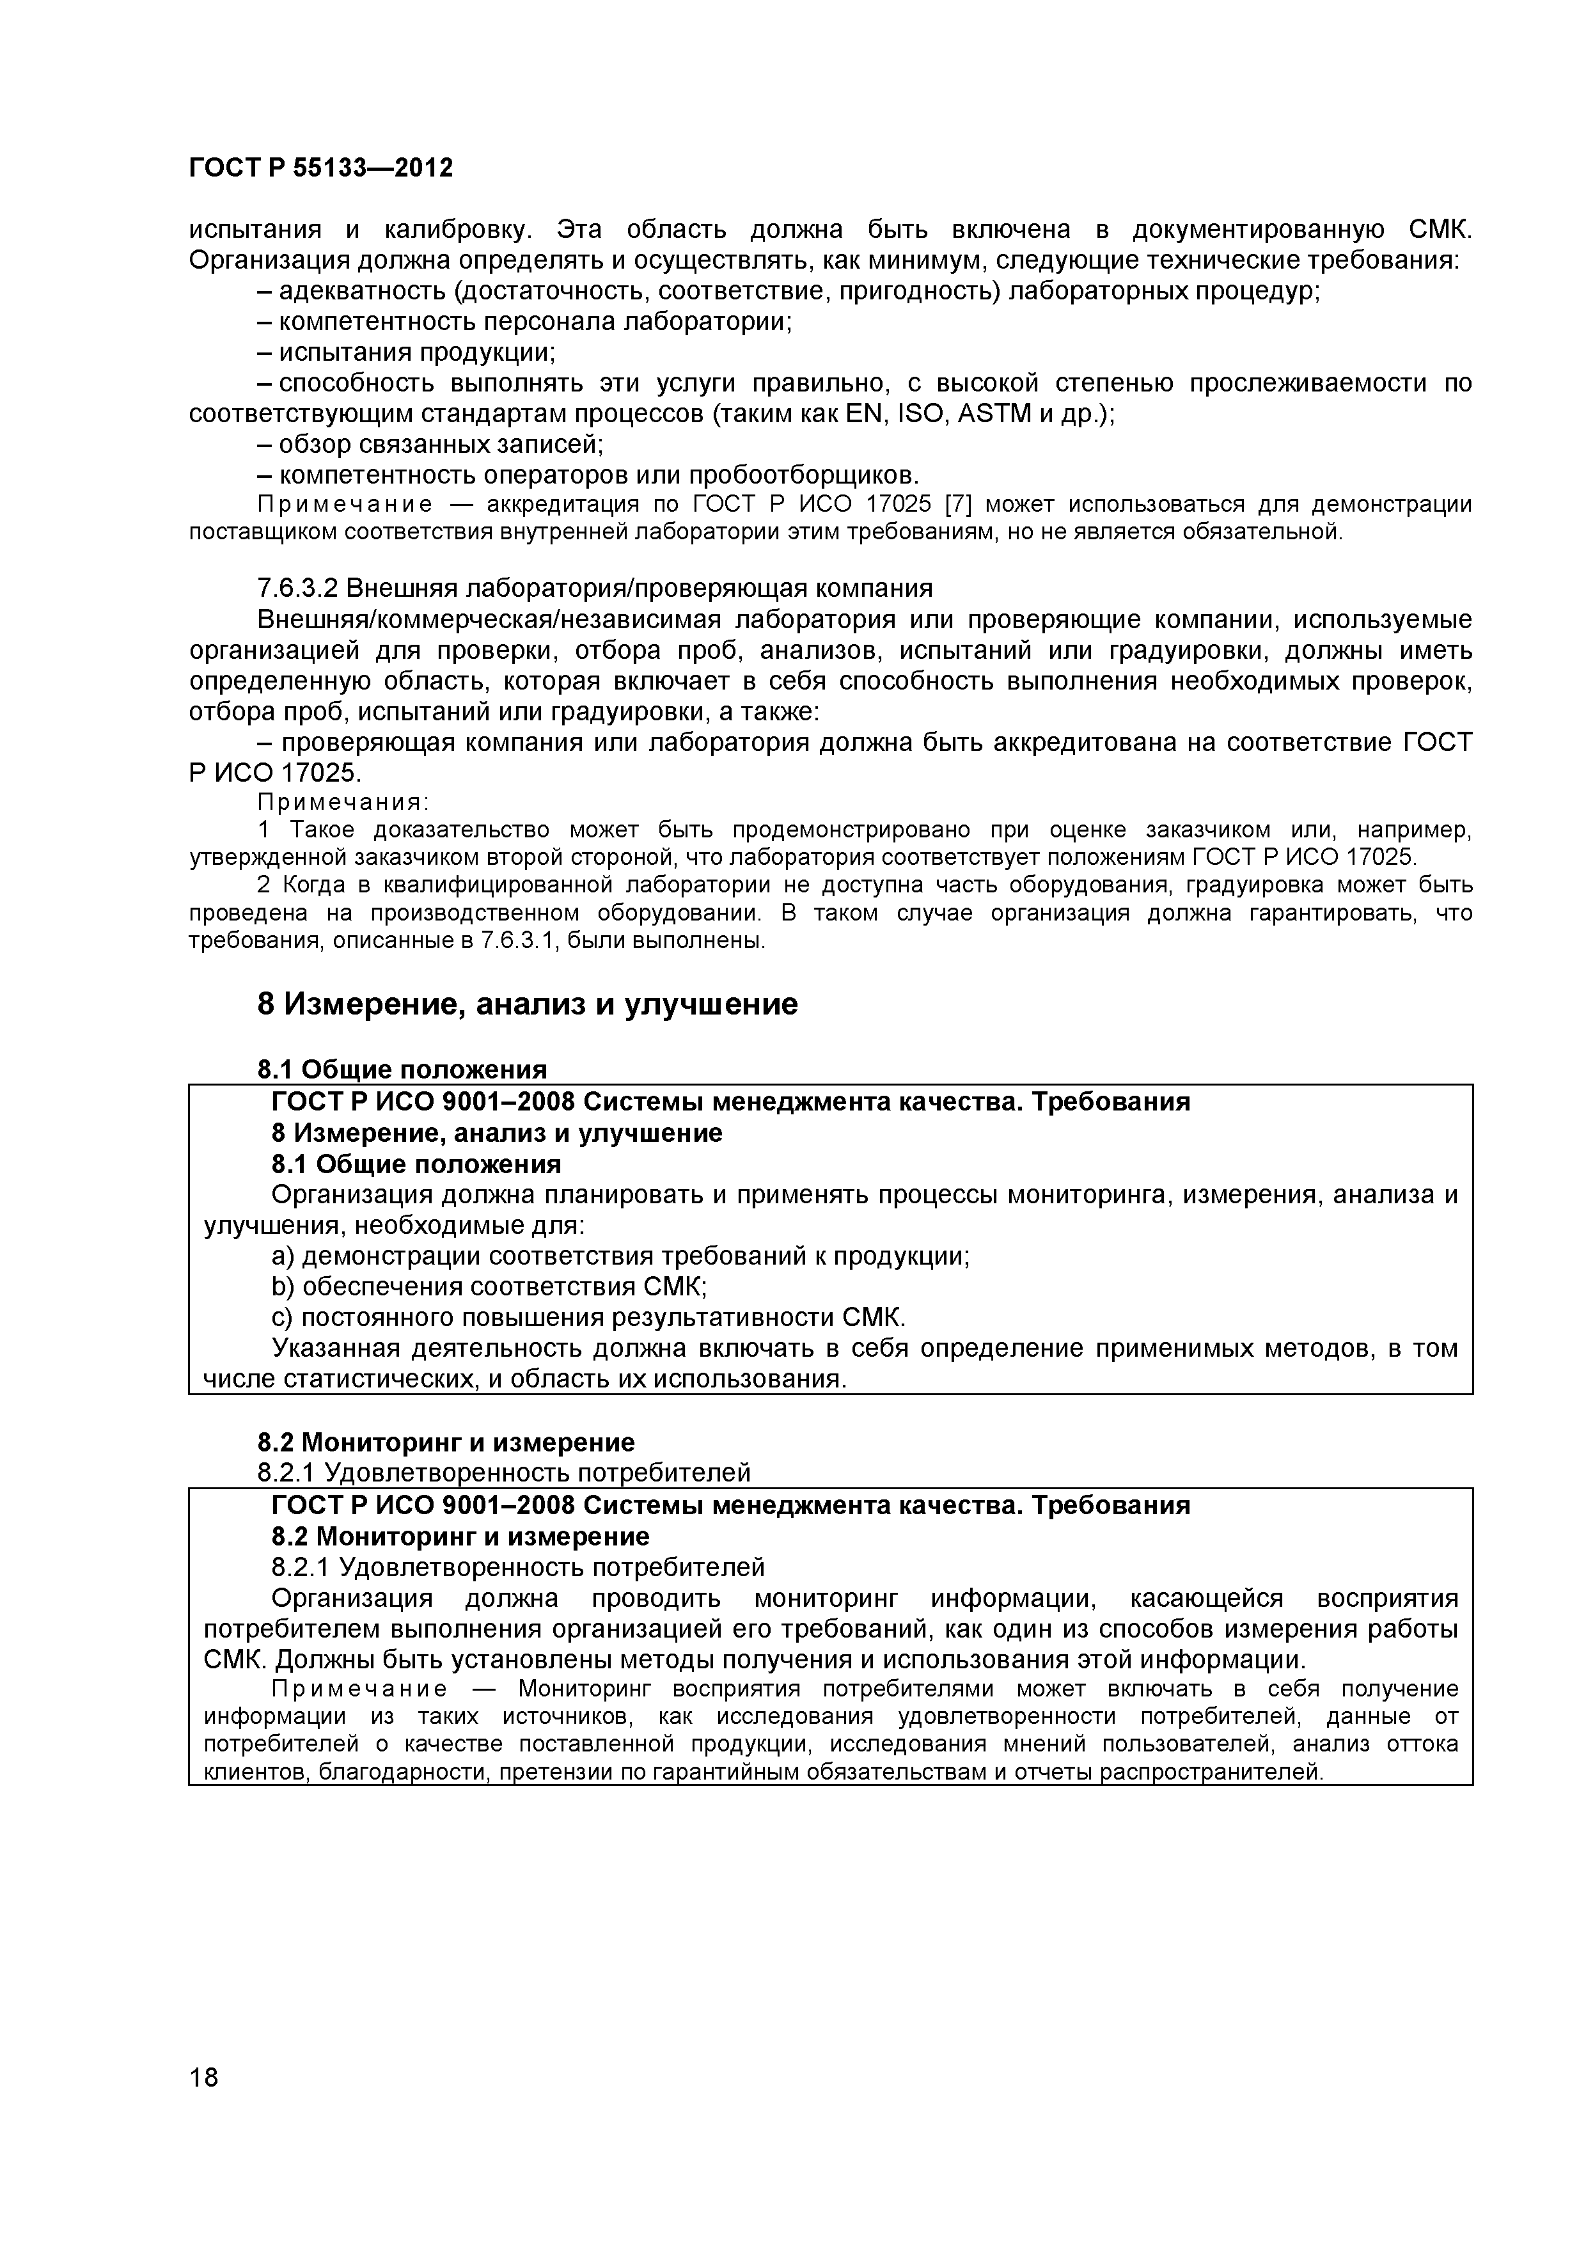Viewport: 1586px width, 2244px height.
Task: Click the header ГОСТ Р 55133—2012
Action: tap(320, 168)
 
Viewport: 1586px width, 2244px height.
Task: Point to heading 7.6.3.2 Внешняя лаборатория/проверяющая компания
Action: tap(594, 589)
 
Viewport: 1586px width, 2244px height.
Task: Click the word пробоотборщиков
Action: tap(803, 475)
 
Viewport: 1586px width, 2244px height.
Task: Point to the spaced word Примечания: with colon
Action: tap(343, 802)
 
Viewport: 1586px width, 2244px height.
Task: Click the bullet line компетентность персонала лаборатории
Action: tap(525, 322)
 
